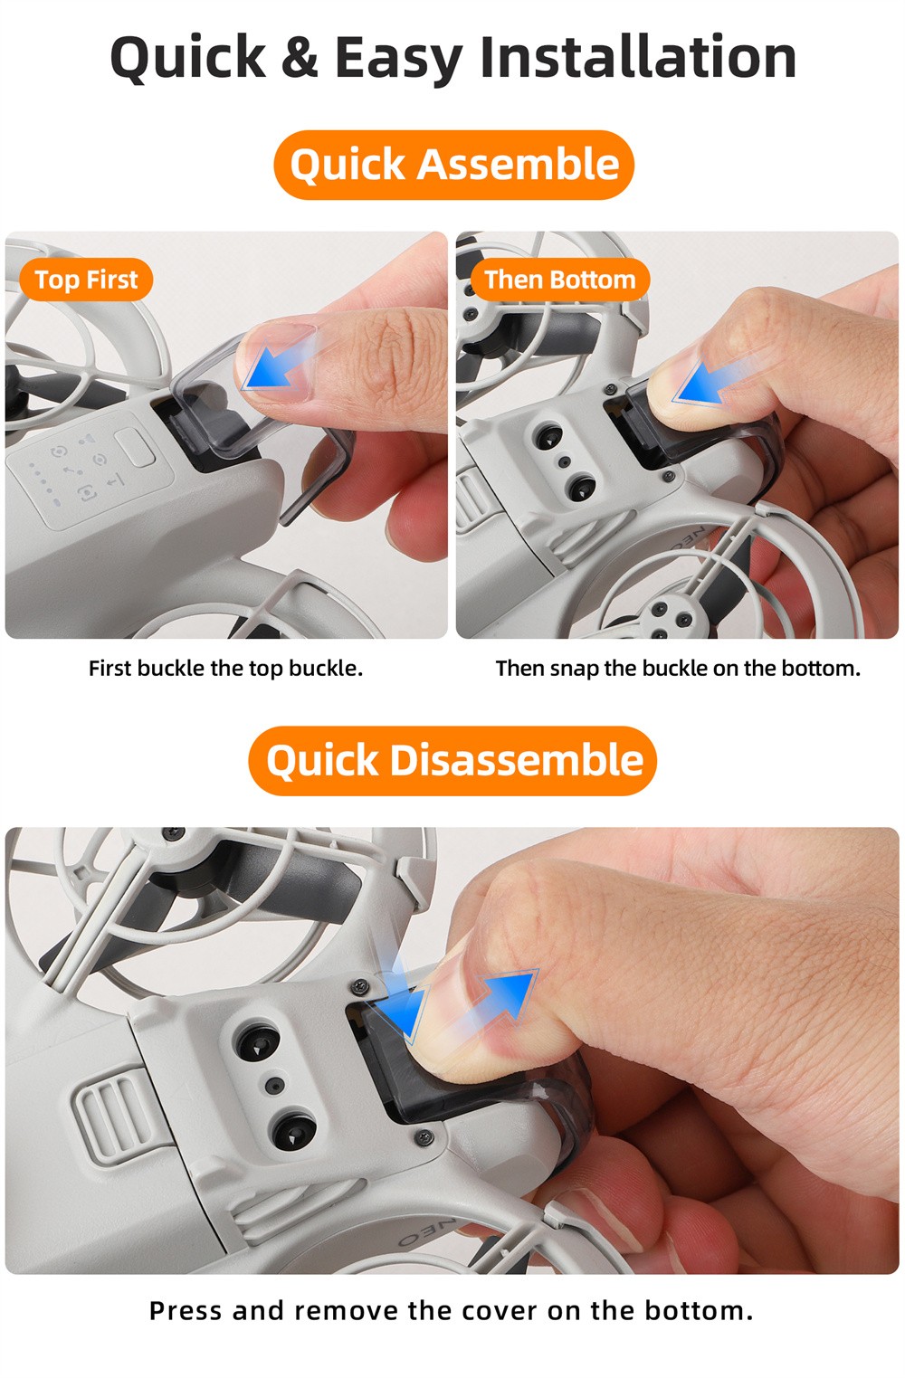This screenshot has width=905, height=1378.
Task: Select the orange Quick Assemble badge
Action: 453,165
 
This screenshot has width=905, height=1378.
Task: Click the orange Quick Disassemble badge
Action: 452,760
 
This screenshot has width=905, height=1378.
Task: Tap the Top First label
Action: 86,280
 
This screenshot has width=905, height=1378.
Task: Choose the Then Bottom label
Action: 560,280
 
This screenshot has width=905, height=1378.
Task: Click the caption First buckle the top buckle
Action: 225,668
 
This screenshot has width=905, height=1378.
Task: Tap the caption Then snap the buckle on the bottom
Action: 678,668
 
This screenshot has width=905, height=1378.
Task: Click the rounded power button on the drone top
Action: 135,448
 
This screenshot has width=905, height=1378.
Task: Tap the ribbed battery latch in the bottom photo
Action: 114,1115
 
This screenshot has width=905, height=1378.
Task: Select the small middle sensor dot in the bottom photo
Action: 275,1085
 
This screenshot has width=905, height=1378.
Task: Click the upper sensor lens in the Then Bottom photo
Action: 548,437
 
